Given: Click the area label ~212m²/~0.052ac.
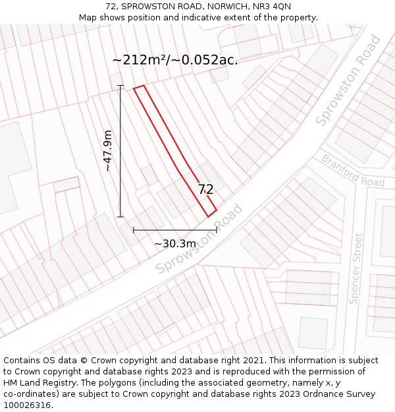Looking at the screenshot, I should pyautogui.click(x=174, y=60).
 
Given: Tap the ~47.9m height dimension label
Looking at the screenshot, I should pyautogui.click(x=108, y=151).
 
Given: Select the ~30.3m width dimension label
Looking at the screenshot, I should pyautogui.click(x=175, y=244).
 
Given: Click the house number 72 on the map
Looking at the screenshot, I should pyautogui.click(x=205, y=190).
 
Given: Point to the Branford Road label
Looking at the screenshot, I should pyautogui.click(x=353, y=171).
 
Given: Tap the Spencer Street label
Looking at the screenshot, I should pyautogui.click(x=356, y=268).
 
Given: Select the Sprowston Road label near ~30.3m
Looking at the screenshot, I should pyautogui.click(x=199, y=241).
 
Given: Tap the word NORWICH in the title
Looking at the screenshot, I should pyautogui.click(x=223, y=7).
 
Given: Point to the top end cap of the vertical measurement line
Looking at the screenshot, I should pyautogui.click(x=120, y=86).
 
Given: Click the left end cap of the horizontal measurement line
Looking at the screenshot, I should pyautogui.click(x=134, y=230).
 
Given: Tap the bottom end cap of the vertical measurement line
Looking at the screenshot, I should pyautogui.click(x=120, y=216).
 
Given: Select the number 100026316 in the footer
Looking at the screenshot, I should pyautogui.click(x=28, y=405).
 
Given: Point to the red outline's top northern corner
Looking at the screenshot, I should pyautogui.click(x=143, y=86).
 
